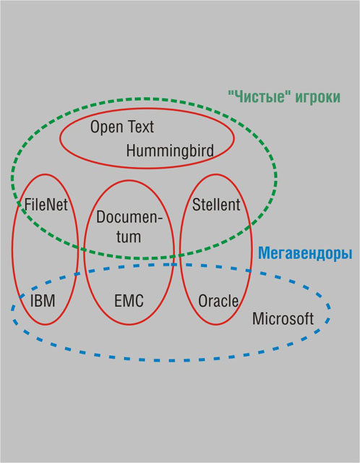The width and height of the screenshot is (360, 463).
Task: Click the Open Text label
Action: click(122, 127)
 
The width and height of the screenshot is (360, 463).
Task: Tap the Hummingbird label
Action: click(170, 150)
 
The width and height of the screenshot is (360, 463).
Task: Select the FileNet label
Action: click(46, 204)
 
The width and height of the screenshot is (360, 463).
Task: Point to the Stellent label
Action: click(216, 204)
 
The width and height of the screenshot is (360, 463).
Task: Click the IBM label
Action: click(43, 301)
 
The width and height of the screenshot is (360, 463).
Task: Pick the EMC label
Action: click(129, 301)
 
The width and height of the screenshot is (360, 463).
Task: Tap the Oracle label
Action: click(218, 301)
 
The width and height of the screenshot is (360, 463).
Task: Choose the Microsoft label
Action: click(283, 318)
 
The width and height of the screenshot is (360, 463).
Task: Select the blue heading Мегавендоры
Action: click(305, 253)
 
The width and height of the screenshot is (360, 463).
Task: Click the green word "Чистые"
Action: click(260, 96)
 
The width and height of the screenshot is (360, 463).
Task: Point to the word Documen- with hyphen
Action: click(129, 217)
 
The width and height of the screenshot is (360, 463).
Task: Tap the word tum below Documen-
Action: click(129, 237)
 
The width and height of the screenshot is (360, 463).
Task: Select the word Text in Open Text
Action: click(141, 127)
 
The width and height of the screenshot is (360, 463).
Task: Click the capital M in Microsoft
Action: click(259, 318)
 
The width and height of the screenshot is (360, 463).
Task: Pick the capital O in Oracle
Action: click(203, 301)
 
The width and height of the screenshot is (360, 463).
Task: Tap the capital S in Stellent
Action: click(197, 204)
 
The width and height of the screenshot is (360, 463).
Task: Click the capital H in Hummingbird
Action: click(131, 150)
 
